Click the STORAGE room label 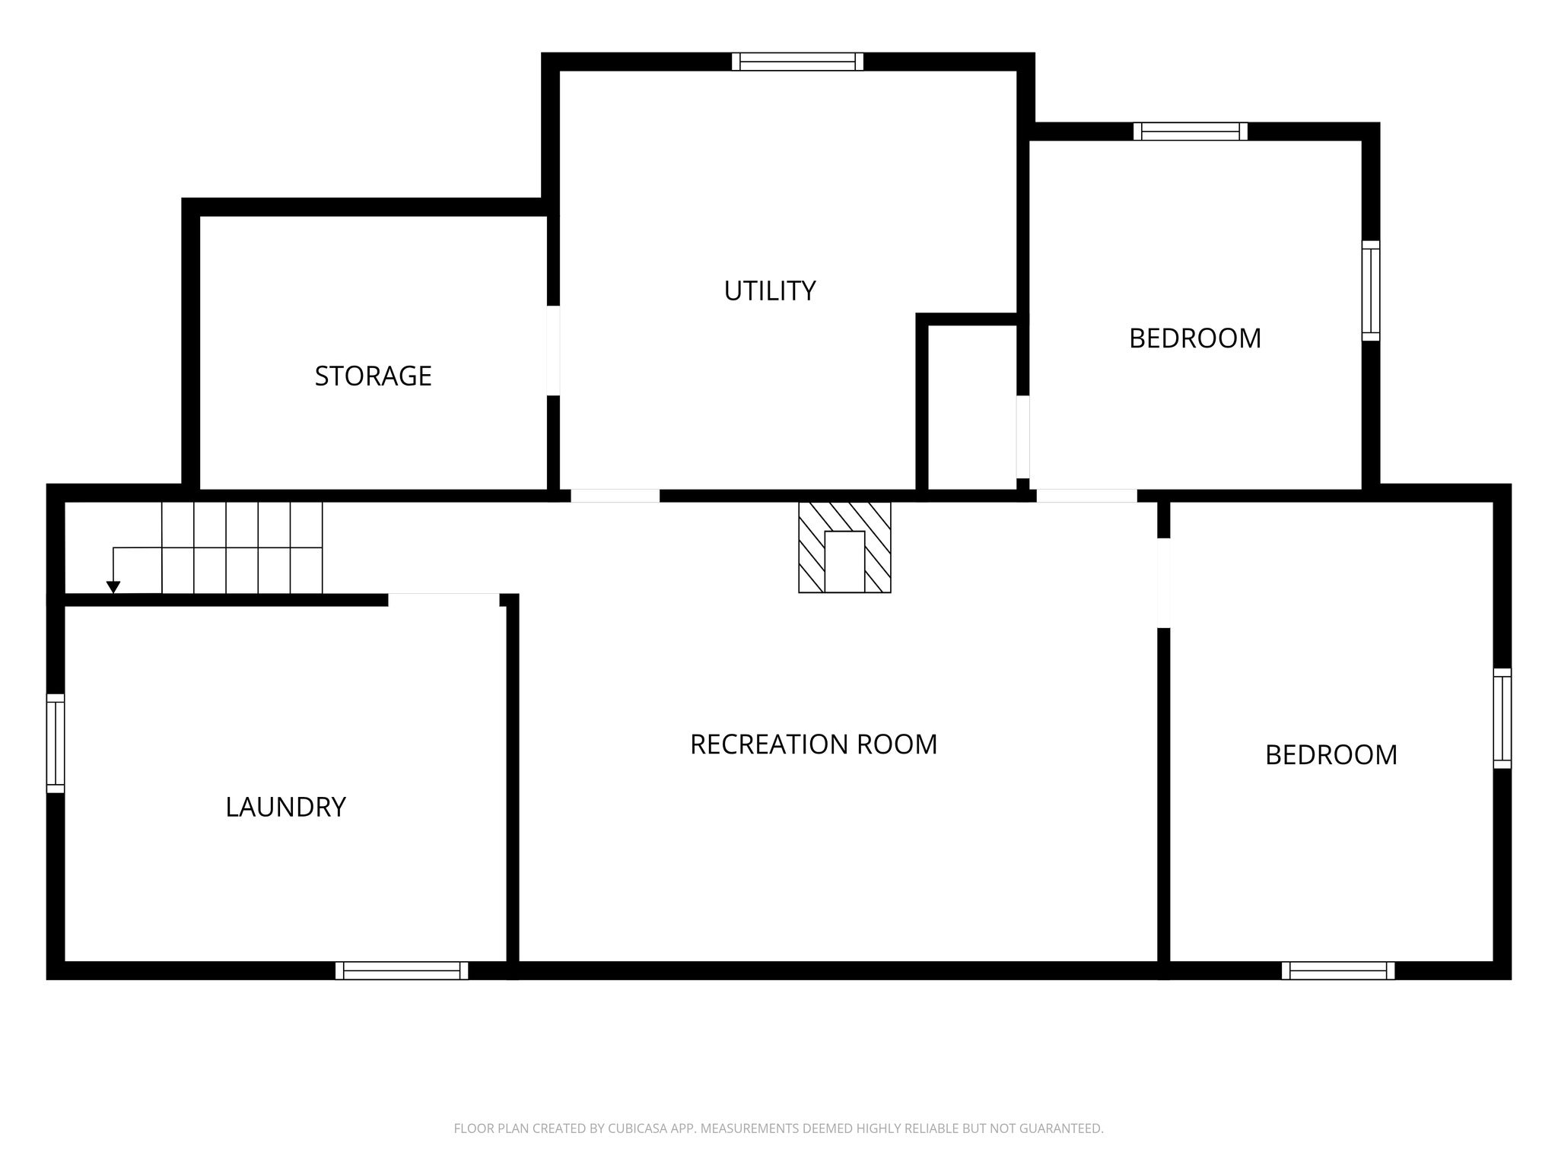[x=373, y=376]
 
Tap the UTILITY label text [x=769, y=290]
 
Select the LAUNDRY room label [x=285, y=807]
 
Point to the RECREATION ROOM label [x=813, y=744]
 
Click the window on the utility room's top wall [x=797, y=62]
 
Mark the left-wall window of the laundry [x=56, y=743]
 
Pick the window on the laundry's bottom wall [x=402, y=970]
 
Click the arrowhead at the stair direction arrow [x=113, y=587]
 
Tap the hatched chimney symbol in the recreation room [x=844, y=547]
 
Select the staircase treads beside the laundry [x=242, y=547]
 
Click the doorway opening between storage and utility [x=553, y=351]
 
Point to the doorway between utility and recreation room [x=615, y=496]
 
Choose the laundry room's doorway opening [x=444, y=600]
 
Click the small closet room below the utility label [x=972, y=408]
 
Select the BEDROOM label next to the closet [x=1194, y=338]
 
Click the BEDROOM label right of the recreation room [x=1331, y=755]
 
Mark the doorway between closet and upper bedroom [x=1023, y=437]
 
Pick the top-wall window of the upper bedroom [x=1191, y=132]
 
